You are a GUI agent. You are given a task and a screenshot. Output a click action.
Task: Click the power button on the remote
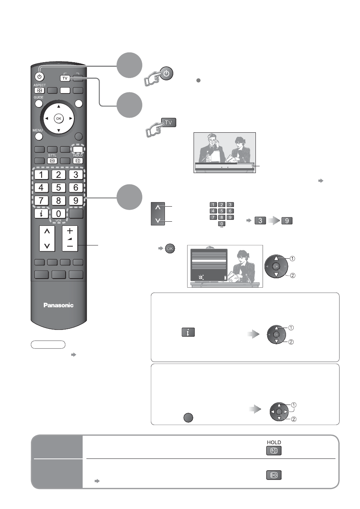tap(39, 77)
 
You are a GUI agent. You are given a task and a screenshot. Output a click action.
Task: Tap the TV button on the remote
tap(65, 78)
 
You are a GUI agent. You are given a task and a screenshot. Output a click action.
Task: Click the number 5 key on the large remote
tap(58, 187)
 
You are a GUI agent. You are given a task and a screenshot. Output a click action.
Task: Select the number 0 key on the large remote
tap(58, 214)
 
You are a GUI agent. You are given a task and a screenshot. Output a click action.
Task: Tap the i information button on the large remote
tap(41, 214)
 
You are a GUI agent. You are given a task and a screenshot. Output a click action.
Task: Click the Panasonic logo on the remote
tap(58, 305)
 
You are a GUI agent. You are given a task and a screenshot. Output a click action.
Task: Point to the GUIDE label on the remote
tap(38, 97)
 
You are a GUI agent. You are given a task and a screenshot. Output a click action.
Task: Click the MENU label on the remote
tap(37, 130)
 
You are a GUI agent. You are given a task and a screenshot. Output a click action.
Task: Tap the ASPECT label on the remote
tap(40, 85)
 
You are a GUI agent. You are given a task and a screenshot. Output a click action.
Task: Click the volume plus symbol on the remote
tap(70, 231)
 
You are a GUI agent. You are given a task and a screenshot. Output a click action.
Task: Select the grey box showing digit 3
tap(260, 221)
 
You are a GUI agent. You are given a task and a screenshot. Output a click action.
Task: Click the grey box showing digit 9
tap(287, 221)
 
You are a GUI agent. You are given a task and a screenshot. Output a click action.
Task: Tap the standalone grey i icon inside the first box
tap(188, 332)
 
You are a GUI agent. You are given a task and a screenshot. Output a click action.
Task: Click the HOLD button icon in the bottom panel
tap(274, 451)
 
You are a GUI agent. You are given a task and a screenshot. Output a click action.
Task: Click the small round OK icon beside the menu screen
tap(170, 248)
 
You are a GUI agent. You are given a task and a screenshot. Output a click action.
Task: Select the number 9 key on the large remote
tap(76, 201)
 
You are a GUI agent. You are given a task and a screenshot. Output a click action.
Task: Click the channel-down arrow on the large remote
tap(47, 246)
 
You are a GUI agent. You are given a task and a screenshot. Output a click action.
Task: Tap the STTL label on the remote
tap(52, 155)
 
